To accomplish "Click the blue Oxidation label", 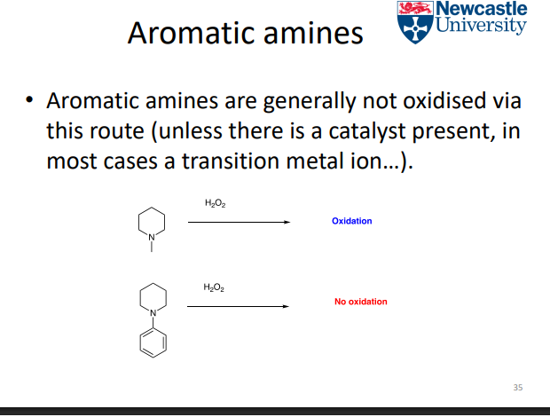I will click(352, 221).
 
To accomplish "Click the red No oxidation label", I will click(361, 302).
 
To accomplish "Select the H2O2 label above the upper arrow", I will click(214, 205).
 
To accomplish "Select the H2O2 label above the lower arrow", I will click(214, 287).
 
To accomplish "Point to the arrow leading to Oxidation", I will click(238, 223).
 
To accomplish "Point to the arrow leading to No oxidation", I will click(238, 306).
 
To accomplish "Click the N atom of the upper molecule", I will click(152, 236).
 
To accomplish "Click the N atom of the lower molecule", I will click(152, 312).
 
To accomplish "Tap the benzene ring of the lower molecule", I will click(152, 341).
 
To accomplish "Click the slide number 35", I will click(519, 387).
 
